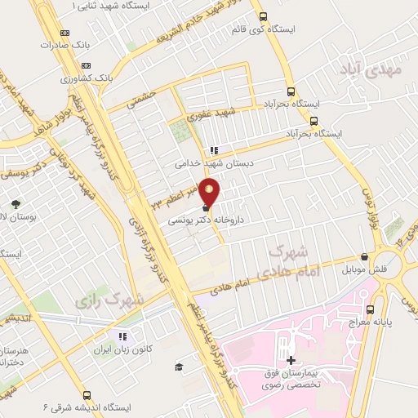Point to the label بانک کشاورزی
coord(122,79)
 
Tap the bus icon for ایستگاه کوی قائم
coord(261,16)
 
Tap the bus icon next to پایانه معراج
coord(371,309)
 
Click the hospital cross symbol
coord(291,359)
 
